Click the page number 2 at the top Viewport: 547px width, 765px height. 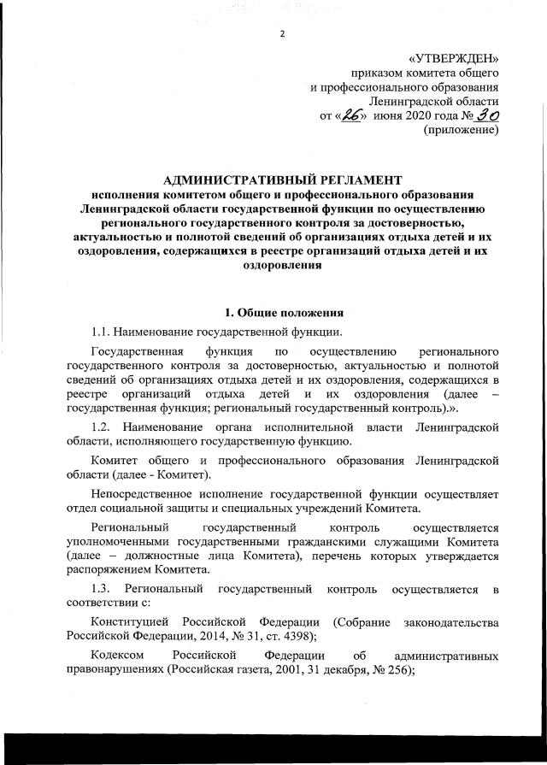pyautogui.click(x=281, y=33)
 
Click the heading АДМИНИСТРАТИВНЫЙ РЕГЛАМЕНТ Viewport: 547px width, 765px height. pyautogui.click(x=281, y=180)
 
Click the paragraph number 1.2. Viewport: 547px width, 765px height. pyautogui.click(x=103, y=426)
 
